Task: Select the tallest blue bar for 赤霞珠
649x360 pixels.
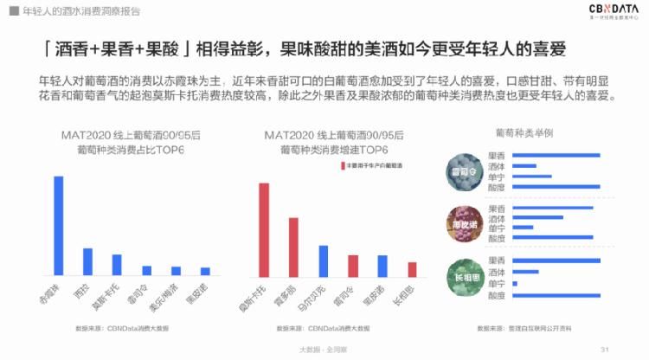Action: pyautogui.click(x=59, y=225)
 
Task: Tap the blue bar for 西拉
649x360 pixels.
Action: pyautogui.click(x=87, y=260)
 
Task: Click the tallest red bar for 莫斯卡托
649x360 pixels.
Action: pyautogui.click(x=264, y=228)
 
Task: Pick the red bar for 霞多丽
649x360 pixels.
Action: pyautogui.click(x=293, y=246)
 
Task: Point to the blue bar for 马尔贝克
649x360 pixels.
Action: pyautogui.click(x=323, y=260)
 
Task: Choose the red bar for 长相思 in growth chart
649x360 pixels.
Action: pyautogui.click(x=412, y=268)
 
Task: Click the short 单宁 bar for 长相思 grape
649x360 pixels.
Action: pyautogui.click(x=515, y=283)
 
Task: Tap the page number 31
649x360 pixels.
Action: pyautogui.click(x=605, y=348)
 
